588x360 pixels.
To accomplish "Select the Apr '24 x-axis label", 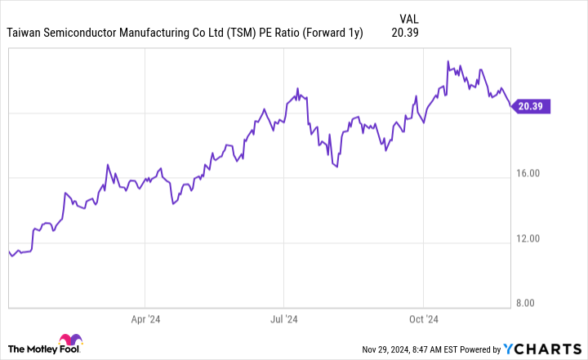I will click(x=145, y=319).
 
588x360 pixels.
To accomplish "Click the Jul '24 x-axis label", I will click(x=283, y=319).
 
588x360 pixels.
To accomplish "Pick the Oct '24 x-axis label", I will click(x=423, y=319).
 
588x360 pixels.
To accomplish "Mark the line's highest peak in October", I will click(x=448, y=60).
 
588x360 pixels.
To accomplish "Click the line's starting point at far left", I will click(x=8, y=252).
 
